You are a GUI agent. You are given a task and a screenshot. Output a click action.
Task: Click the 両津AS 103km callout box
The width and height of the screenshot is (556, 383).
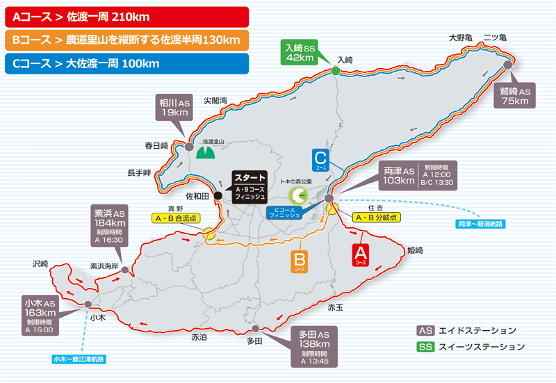[399, 175]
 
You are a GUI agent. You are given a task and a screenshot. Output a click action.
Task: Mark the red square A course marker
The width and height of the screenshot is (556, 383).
[361, 254]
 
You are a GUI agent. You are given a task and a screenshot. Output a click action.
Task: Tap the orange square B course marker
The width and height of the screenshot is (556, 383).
[297, 261]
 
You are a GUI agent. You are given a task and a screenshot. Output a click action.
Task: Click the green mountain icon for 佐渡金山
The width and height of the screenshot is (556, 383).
[204, 152]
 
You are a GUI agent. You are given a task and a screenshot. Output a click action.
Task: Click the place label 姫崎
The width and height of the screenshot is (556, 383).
[415, 248]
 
